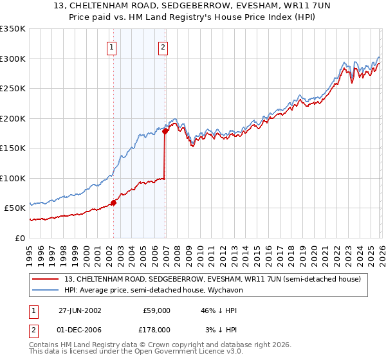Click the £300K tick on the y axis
tap(13, 59)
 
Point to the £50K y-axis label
tap(14, 208)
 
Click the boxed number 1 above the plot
tap(112, 47)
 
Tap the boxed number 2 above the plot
tap(163, 47)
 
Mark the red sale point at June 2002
tap(114, 203)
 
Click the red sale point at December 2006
tap(165, 131)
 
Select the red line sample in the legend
tap(46, 279)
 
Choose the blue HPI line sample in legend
tap(46, 290)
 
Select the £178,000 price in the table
tap(155, 329)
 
